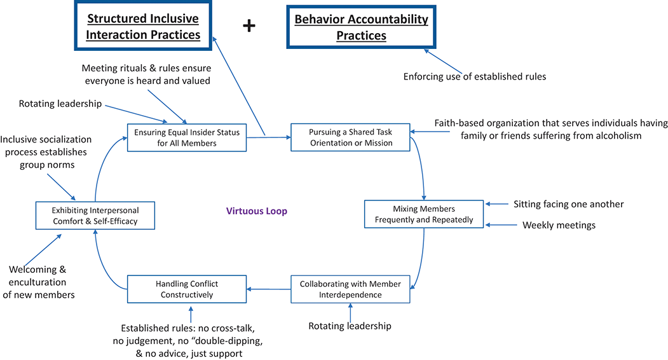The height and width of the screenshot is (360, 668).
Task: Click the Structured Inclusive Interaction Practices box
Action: point(143,26)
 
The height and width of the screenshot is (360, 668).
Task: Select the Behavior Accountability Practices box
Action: point(361,27)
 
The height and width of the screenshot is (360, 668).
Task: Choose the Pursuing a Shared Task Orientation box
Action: point(350,137)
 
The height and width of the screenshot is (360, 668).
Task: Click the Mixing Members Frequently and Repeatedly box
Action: point(424,214)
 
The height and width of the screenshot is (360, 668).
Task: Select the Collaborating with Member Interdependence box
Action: point(350,289)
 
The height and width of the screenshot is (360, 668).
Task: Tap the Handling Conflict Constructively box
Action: point(187,289)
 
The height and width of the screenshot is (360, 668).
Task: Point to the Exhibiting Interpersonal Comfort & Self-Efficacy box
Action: point(95,216)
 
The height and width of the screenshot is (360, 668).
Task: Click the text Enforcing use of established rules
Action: point(475,77)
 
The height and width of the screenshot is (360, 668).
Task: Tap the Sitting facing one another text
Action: point(568,204)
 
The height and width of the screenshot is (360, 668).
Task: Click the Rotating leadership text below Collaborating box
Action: point(350,326)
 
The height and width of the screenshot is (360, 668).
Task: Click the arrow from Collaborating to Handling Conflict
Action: point(269,289)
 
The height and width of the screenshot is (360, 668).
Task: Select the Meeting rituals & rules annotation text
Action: point(146,75)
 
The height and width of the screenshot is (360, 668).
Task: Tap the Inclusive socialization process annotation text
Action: point(46,151)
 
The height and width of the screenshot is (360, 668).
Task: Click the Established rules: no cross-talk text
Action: point(191,341)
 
